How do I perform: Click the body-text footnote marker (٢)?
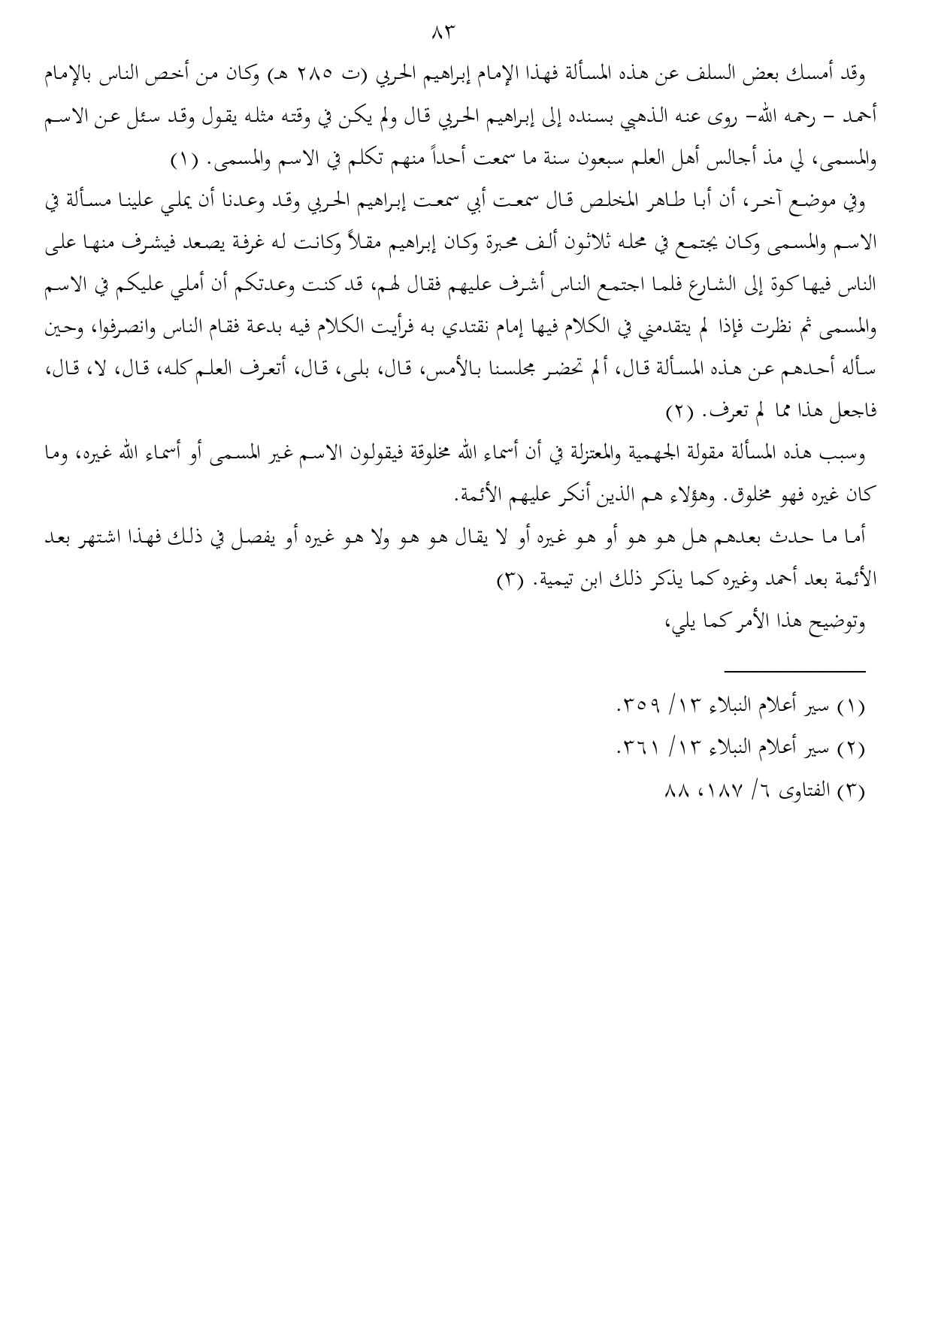pos(683,413)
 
